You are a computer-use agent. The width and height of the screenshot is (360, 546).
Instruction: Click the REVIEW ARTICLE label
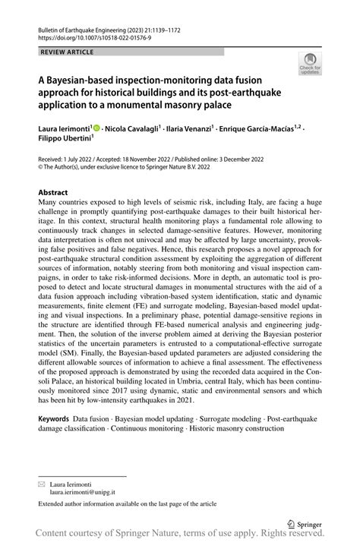tap(67, 52)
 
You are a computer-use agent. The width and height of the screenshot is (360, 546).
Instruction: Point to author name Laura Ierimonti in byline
tap(64, 130)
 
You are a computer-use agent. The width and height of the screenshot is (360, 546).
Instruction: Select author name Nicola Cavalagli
tap(137, 130)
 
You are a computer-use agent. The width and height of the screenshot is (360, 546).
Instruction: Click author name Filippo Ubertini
tap(65, 140)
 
